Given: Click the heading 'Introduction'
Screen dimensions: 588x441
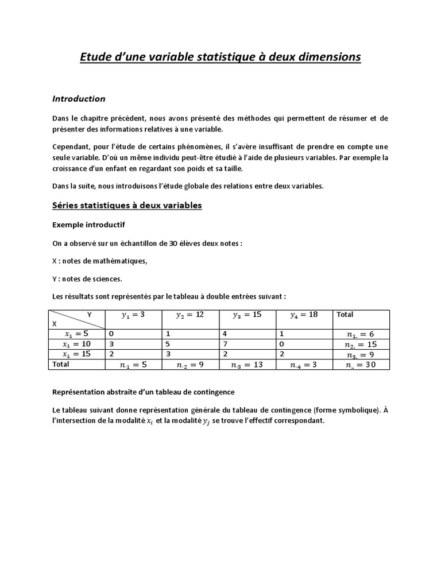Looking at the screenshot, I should click(x=79, y=99).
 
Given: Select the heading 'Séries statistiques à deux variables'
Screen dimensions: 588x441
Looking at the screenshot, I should click(x=127, y=205).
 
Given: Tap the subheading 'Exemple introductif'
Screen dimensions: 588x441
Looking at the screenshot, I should click(x=88, y=224).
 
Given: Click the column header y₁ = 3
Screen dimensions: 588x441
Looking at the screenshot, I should click(x=133, y=315).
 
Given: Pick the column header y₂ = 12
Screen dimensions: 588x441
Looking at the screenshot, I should click(x=190, y=315).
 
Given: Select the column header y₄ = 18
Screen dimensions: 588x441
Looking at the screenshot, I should click(x=304, y=315).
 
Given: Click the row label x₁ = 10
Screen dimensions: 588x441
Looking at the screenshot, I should click(x=77, y=343).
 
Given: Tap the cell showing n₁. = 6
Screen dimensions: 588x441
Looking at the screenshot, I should click(x=360, y=334).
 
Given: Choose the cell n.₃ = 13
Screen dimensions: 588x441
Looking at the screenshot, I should click(x=246, y=365).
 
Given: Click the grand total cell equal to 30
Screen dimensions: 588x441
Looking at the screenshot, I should click(x=360, y=365).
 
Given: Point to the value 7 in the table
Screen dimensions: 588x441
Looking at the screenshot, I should click(x=226, y=343).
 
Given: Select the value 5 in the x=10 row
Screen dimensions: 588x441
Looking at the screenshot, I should click(x=168, y=343).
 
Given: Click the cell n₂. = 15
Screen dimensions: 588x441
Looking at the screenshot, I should click(x=360, y=344).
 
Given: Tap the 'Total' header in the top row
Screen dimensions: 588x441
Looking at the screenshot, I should click(x=345, y=315).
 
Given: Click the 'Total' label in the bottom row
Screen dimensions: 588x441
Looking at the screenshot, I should click(x=60, y=364).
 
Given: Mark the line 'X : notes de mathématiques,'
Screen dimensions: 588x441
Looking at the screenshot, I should click(x=100, y=261).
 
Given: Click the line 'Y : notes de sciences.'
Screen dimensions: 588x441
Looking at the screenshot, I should click(x=87, y=278).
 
